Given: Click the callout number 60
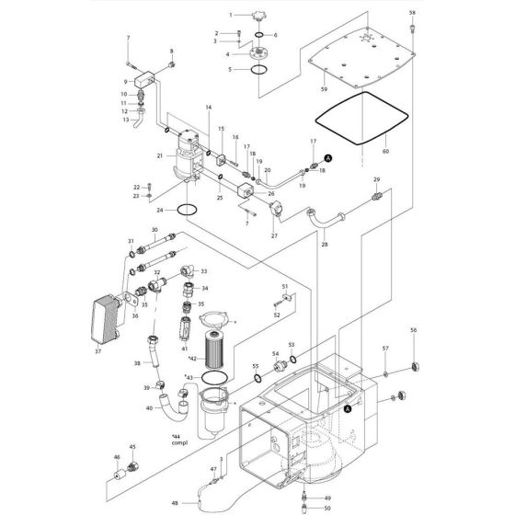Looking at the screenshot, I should pos(386,150).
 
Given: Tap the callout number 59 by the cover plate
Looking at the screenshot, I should pos(323,88).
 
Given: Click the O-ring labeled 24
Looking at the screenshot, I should pos(186,210).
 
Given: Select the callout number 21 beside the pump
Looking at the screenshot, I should pos(159,156).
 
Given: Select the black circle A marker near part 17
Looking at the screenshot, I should pos(331,159).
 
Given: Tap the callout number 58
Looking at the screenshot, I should pos(412,12).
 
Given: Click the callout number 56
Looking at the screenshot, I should pos(414,330).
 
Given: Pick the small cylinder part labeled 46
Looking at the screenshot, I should pos(119,475).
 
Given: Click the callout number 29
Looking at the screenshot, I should pos(376,178).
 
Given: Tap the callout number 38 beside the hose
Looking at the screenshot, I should pos(136,363).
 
